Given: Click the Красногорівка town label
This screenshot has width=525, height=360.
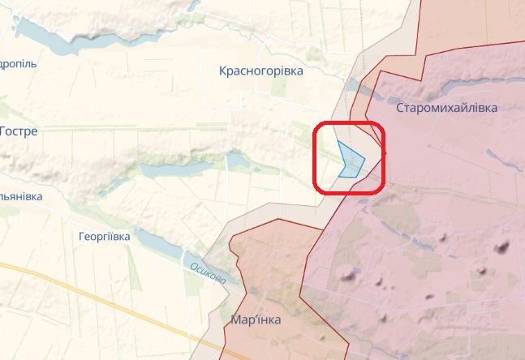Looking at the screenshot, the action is coord(260,71).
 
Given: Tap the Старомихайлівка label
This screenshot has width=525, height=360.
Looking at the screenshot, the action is coord(446,108).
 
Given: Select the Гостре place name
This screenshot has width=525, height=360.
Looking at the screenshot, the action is coord(19,131).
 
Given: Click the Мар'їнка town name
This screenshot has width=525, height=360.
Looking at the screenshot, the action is coord(256,320).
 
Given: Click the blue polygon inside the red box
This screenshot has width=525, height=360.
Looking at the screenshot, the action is coord(351,160).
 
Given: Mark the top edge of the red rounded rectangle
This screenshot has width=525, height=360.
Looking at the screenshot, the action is coord(349,123).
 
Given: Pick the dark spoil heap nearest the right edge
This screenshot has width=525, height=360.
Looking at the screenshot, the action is coord(502,247).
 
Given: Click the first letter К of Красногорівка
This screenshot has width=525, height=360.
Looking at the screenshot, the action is coord(223,71).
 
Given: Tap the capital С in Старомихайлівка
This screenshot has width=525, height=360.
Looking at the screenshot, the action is coord(400,108).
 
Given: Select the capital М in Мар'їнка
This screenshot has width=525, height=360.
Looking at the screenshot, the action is coord(235,320).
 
